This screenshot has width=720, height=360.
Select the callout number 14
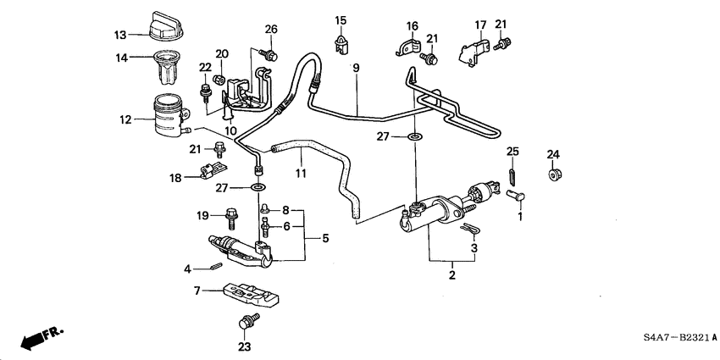coord(121,58)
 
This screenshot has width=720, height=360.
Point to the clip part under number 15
coord(341,42)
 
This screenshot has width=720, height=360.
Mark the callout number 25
coord(512,152)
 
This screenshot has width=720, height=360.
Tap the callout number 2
coord(452,274)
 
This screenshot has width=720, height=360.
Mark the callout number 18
coord(176,177)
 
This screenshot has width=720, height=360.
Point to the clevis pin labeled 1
coord(514,196)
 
